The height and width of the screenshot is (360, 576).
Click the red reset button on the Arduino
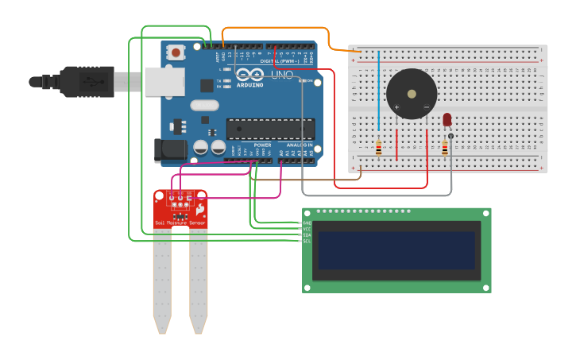point(176,53)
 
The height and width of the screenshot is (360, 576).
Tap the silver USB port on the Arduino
point(164,81)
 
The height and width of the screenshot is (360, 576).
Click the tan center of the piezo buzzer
point(411,94)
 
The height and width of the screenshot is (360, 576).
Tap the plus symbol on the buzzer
point(396,107)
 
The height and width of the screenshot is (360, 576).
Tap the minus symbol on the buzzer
point(426,107)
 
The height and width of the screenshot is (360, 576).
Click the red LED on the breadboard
point(446,119)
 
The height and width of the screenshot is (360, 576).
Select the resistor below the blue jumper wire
point(378,147)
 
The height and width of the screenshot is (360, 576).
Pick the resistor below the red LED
point(443,147)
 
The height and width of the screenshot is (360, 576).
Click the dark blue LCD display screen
point(396,250)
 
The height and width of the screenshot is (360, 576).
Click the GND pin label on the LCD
point(307,223)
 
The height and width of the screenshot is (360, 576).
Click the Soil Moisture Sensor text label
point(180,223)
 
